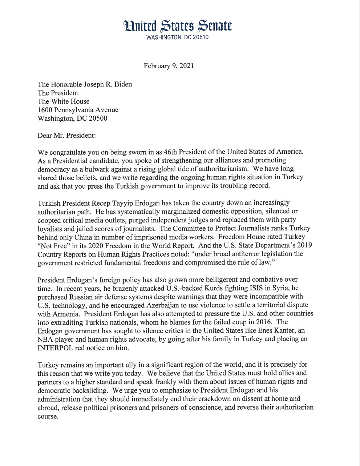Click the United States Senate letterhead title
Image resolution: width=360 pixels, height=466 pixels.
pos(178,26)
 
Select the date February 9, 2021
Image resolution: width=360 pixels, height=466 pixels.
pos(169,66)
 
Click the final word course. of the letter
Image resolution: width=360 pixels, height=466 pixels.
pos(48,416)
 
